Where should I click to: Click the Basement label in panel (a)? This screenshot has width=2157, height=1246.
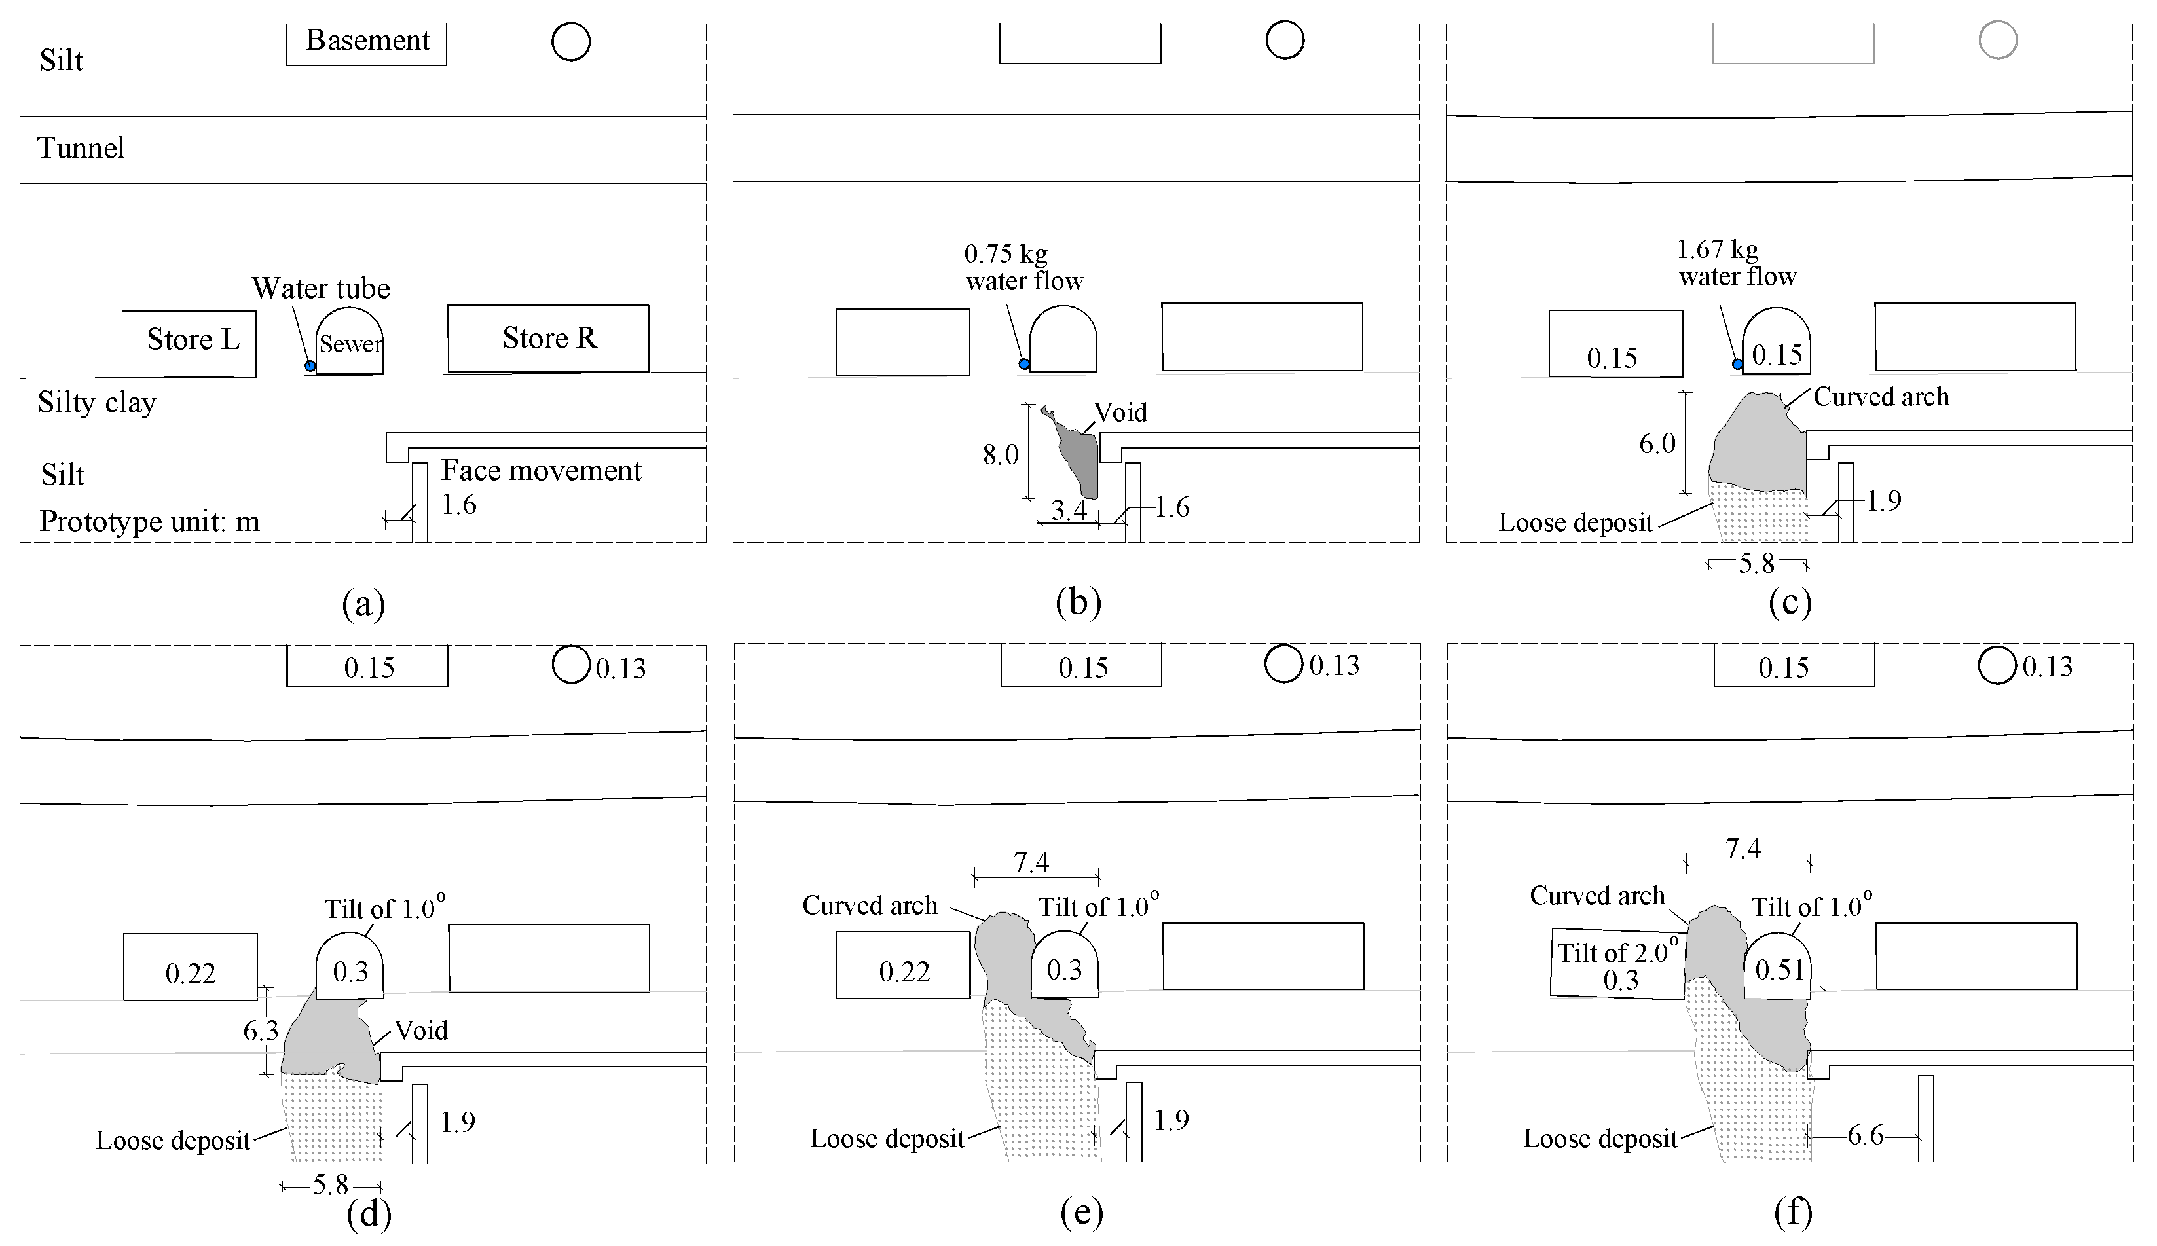[368, 41]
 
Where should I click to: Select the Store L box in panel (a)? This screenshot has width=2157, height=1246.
[189, 342]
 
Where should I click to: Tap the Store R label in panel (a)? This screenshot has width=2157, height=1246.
[549, 338]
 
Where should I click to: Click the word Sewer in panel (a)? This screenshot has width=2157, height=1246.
[350, 344]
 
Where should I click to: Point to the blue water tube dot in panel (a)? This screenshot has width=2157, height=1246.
[310, 366]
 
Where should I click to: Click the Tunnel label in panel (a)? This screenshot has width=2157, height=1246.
[81, 148]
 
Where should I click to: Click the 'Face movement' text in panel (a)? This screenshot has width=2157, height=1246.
[541, 471]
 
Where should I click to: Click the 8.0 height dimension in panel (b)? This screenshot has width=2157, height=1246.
[1000, 454]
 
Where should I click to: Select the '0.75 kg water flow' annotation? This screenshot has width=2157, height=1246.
[1023, 267]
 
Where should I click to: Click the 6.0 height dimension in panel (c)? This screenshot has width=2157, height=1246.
[1657, 444]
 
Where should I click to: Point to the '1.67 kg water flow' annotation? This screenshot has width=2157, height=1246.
[1736, 263]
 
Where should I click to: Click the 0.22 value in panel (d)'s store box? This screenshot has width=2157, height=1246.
[190, 973]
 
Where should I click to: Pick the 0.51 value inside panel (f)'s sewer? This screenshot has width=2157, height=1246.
[1779, 970]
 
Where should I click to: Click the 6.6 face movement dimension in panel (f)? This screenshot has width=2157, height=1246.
[1864, 1135]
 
